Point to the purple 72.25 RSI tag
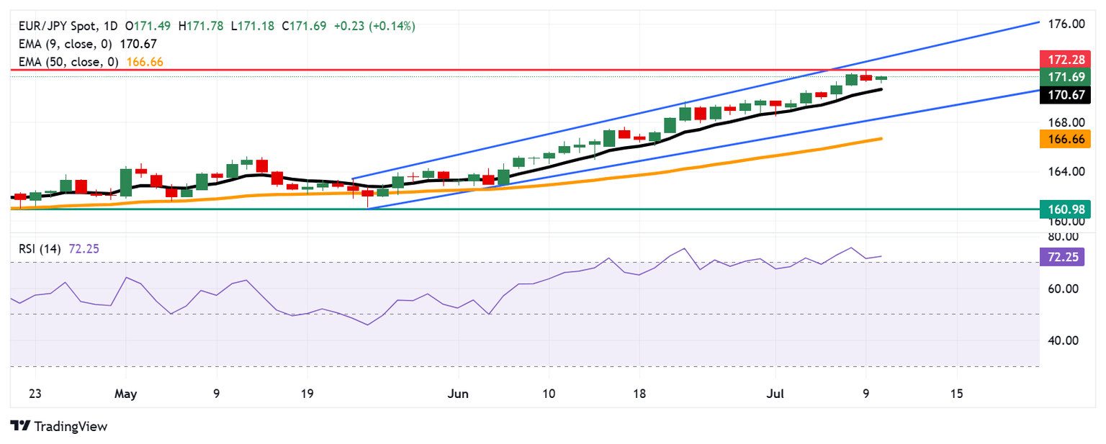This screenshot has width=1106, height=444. point(1061,255)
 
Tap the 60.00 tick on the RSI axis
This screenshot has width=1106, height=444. point(1062,289)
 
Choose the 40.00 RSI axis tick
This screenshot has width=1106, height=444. point(1062,340)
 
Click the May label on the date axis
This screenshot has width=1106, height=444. point(126,394)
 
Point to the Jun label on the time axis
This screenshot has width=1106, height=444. point(458,394)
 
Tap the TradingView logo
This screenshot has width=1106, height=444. point(59,426)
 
